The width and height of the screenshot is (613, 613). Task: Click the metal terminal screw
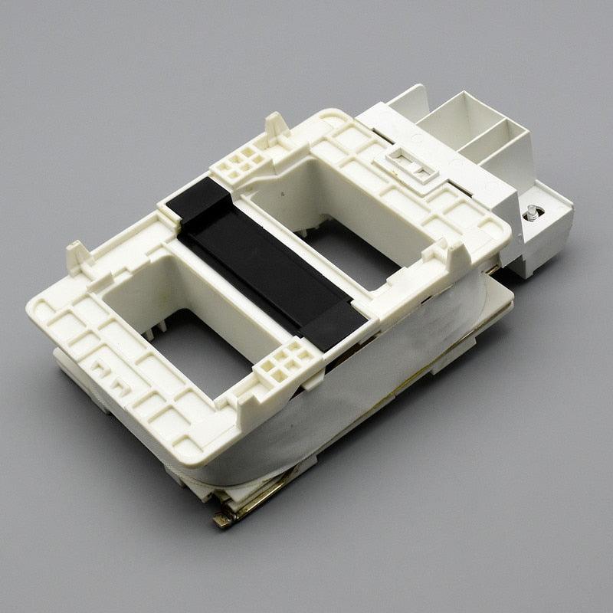click(530, 215)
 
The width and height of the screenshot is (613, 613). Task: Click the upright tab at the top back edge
click(276, 125)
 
